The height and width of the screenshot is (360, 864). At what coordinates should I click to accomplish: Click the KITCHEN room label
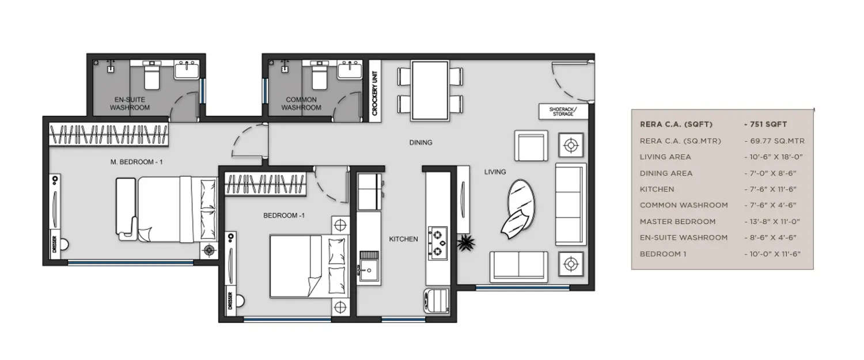(403, 239)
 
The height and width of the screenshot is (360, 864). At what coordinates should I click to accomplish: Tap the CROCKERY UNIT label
(374, 97)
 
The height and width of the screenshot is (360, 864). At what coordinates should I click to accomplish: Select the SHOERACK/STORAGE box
(563, 111)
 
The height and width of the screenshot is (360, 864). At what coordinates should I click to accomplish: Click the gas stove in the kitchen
(439, 242)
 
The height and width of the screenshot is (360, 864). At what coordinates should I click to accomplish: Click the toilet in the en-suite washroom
(151, 78)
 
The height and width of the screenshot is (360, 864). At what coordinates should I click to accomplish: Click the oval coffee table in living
(521, 202)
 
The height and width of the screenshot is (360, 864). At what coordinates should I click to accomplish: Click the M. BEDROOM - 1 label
(137, 162)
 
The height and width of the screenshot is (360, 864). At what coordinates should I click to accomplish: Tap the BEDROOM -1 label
(283, 216)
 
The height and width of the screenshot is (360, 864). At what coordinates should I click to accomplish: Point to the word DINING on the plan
(420, 143)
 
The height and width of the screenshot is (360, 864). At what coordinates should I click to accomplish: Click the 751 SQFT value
(767, 124)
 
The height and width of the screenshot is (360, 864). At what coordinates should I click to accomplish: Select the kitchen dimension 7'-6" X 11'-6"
(772, 189)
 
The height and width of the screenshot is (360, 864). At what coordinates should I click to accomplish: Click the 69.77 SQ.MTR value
(774, 141)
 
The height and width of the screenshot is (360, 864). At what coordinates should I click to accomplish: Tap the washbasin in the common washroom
(350, 70)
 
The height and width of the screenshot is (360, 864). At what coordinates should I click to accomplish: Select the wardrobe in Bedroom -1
(265, 184)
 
